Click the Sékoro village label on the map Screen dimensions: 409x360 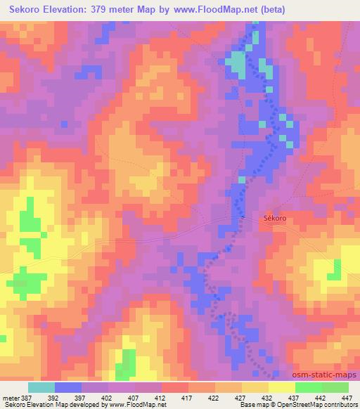(x=275, y=219)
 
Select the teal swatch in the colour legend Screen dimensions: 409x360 (x=41, y=387)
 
